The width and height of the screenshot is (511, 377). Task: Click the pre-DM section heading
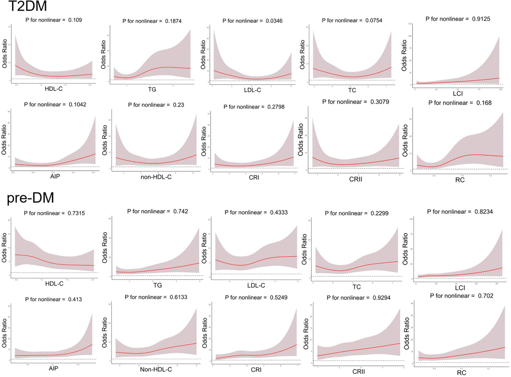pos(30,198)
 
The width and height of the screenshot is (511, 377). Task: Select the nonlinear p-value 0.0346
pos(274,21)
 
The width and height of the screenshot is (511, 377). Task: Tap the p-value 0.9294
pos(381,298)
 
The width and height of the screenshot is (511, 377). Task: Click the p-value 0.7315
pos(76,213)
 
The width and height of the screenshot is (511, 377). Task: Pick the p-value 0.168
pos(484,103)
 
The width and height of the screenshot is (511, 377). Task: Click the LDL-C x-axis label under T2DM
pos(252,90)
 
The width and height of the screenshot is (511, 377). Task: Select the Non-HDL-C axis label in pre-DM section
pos(156,369)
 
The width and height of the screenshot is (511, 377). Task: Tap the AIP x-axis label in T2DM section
pos(55,176)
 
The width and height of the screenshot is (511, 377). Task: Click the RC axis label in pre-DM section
pos(461,373)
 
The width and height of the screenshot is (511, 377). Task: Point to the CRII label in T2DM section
pos(355,179)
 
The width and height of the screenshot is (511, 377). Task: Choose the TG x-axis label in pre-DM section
pos(157,285)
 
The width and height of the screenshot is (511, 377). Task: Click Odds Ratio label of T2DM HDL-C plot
pos(4,54)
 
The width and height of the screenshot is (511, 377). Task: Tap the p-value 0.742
pos(181,211)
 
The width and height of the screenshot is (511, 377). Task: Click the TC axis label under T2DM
pos(352,90)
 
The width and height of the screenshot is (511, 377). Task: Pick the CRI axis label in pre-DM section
pos(256,370)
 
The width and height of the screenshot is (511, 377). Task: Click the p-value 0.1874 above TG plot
pos(173,21)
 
